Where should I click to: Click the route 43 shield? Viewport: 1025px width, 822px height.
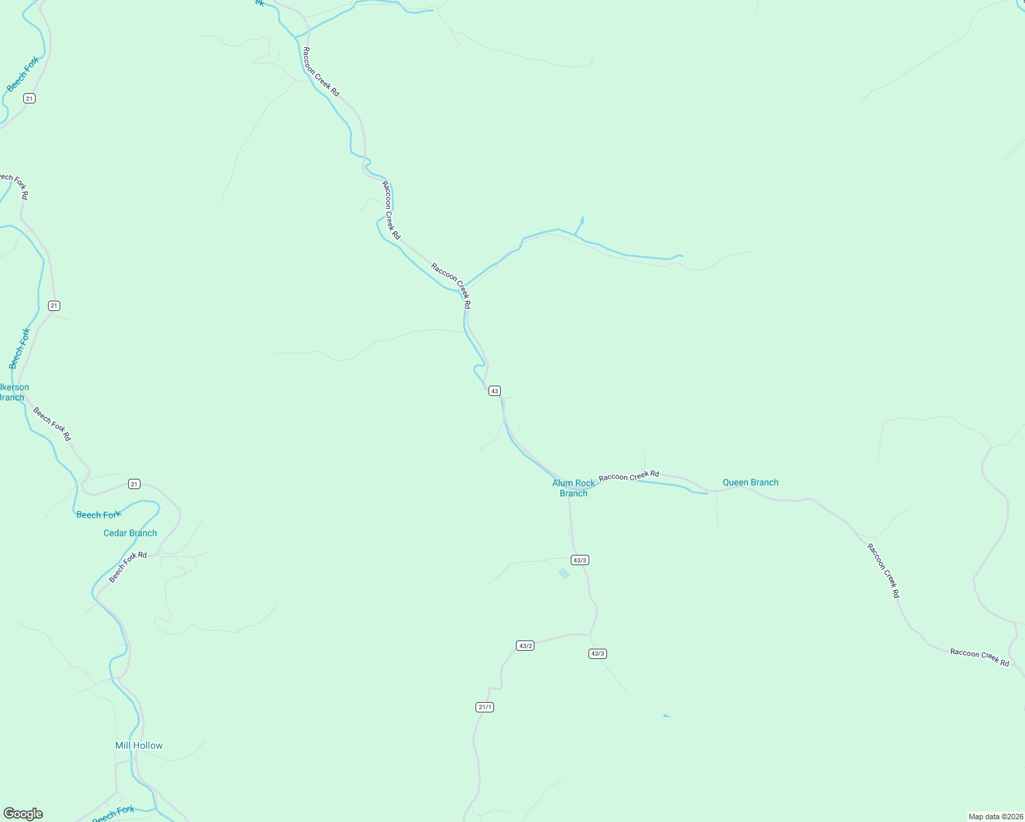[x=495, y=391]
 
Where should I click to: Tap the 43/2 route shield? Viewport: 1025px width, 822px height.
[x=525, y=646]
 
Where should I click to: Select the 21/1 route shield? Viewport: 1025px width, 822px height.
[x=484, y=707]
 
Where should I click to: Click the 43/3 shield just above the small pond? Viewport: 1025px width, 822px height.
[x=580, y=560]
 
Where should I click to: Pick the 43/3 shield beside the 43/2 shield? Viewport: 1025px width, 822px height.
[x=597, y=653]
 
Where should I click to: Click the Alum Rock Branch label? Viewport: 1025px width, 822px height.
[x=573, y=488]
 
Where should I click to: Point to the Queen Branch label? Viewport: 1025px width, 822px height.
[x=750, y=482]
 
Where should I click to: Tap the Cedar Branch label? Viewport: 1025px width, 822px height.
[x=130, y=533]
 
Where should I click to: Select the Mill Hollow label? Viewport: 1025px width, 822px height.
[x=139, y=745]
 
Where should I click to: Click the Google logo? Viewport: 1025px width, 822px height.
[x=23, y=814]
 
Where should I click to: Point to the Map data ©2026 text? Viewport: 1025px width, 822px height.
[x=995, y=817]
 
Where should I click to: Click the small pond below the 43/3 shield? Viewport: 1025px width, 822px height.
[x=564, y=573]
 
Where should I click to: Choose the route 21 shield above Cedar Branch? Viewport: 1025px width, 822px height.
[x=134, y=484]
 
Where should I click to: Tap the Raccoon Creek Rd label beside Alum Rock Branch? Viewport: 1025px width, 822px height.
[x=628, y=475]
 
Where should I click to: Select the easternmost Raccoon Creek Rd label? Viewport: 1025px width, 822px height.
[x=979, y=658]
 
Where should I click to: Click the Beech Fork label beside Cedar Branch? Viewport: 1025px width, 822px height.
[x=98, y=515]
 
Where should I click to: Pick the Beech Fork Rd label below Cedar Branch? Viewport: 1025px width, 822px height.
[x=127, y=566]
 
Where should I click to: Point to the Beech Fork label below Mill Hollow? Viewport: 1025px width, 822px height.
[x=113, y=814]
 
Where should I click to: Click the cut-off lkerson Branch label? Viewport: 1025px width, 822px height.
[x=13, y=393]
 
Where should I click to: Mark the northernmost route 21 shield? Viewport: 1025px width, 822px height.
[x=29, y=99]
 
